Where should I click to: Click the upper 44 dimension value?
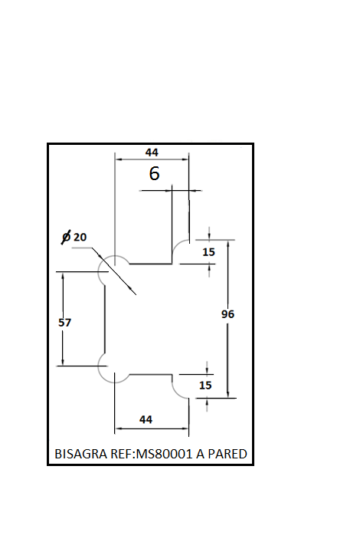tap(152, 153)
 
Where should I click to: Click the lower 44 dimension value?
tap(146, 419)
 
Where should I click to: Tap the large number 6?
tap(154, 173)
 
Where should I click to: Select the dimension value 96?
tap(227, 314)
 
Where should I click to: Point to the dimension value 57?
tap(64, 323)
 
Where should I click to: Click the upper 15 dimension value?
tap(208, 252)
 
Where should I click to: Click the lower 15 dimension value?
tap(205, 385)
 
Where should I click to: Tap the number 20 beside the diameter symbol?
tap(80, 237)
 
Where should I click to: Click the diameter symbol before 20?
tap(66, 237)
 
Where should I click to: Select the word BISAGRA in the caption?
tap(81, 454)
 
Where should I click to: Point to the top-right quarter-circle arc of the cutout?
tap(177, 245)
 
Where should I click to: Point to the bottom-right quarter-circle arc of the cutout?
tap(177, 392)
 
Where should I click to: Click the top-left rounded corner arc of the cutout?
tap(100, 267)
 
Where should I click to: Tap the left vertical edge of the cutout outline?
tap(105, 319)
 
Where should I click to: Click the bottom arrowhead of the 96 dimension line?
tap(227, 394)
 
